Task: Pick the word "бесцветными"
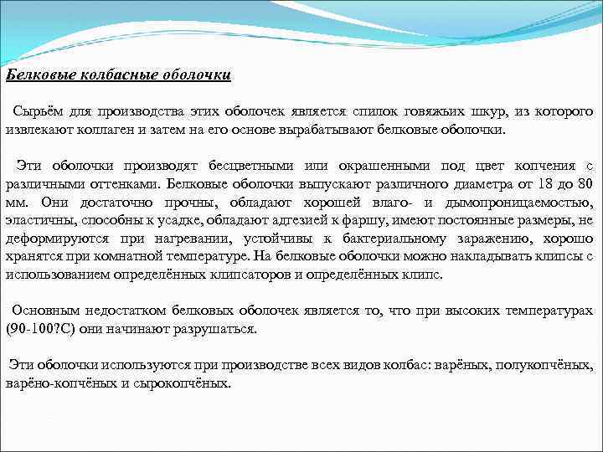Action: pyautogui.click(x=256, y=166)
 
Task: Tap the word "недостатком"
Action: pyautogui.click(x=126, y=311)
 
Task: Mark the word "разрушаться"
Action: pyautogui.click(x=219, y=329)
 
